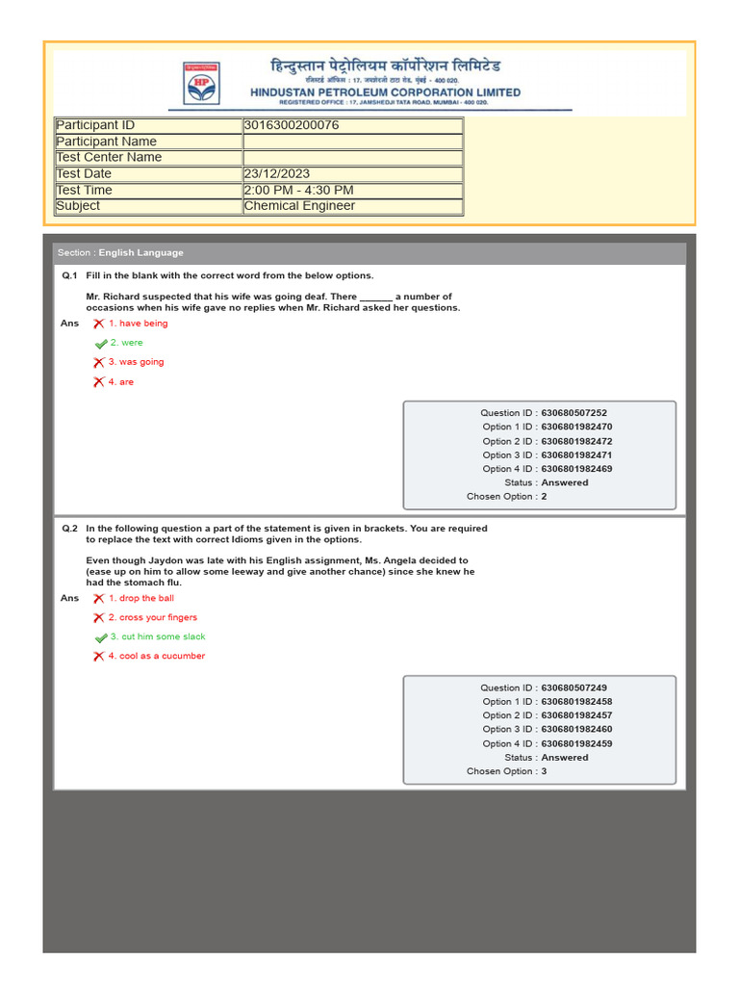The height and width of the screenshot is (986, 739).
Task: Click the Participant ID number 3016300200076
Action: coord(292,125)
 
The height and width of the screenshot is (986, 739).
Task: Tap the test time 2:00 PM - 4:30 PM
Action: coord(298,190)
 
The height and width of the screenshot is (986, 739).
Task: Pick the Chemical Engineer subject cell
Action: coord(299,206)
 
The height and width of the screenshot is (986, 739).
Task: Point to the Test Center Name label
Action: coord(109,157)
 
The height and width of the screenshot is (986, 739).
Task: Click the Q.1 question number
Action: coord(69,275)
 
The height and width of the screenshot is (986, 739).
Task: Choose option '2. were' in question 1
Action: coord(126,343)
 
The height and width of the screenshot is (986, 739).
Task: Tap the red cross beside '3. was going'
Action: coord(98,363)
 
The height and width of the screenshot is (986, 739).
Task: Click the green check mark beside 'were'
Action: coord(100,344)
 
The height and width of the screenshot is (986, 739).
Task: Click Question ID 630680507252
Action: coord(573,413)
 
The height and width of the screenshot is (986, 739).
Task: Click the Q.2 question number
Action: coord(69,529)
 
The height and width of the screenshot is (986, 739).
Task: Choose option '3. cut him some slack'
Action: coord(157,636)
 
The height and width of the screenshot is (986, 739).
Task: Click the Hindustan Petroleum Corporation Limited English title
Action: coord(385,92)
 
